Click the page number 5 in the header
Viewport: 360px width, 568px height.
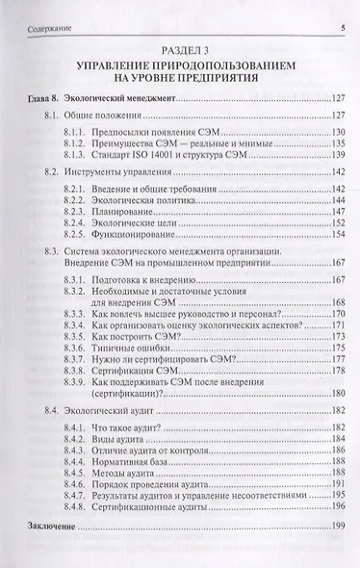click(343, 13)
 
